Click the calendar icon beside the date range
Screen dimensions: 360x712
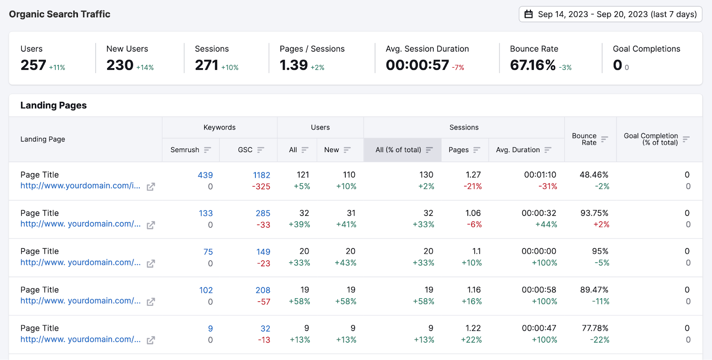[529, 14]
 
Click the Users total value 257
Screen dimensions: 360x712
[33, 65]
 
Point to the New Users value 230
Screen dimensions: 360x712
[120, 65]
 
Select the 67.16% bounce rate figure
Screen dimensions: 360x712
[533, 65]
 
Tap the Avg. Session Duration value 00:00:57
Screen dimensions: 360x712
[417, 65]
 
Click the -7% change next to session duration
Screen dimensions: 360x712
[458, 68]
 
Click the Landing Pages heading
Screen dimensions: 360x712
[53, 105]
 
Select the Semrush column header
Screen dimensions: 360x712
[185, 150]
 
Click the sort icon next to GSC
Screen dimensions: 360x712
[261, 150]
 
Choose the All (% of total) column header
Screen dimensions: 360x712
[398, 150]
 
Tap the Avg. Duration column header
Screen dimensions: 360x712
[518, 150]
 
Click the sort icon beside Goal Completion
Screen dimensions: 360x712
[686, 139]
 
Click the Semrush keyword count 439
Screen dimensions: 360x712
[205, 175]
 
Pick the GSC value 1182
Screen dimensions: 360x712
[262, 175]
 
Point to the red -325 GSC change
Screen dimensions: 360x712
[261, 187]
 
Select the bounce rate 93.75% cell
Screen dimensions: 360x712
[594, 213]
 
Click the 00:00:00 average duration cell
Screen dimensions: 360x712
[539, 251]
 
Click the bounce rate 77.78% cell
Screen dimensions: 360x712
[595, 328]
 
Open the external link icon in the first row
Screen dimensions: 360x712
[151, 187]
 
